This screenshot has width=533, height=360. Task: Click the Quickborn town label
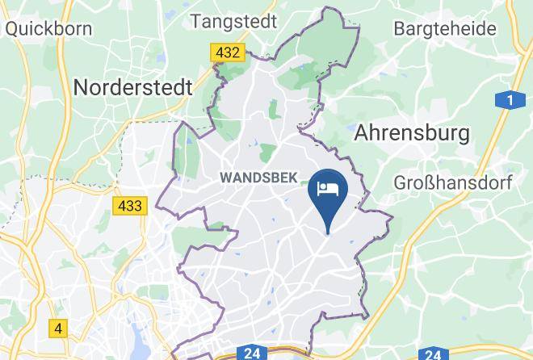48,29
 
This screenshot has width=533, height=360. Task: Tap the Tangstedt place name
235,21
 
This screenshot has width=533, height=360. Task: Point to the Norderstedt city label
132,87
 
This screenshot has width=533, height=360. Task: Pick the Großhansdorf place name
453,182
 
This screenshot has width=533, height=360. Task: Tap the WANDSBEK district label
258,177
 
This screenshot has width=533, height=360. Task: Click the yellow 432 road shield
227,52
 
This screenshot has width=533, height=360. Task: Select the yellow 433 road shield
129,206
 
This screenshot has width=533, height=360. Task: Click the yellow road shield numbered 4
57,329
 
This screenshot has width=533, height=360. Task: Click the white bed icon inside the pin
328,189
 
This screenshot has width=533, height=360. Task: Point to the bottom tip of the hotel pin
328,233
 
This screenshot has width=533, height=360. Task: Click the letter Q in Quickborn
11,29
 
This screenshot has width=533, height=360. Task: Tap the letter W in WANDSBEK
225,177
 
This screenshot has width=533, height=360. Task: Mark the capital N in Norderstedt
82,87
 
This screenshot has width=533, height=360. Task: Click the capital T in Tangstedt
196,21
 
